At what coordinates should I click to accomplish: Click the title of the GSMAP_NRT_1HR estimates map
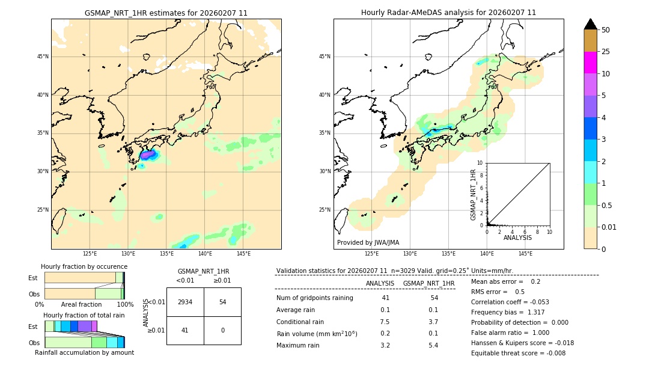coord(166,13)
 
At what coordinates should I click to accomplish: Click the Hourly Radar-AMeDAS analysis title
coord(448,13)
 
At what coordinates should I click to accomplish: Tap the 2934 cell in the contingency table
coord(185,302)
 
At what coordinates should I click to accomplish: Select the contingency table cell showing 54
coord(222,302)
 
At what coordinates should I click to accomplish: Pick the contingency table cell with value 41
coord(185,330)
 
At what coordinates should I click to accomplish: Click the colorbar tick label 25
coord(606,52)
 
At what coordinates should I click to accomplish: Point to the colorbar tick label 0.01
coord(609,227)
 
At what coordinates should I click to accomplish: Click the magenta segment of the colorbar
coord(590,63)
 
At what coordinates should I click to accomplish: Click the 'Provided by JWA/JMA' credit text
coord(368,242)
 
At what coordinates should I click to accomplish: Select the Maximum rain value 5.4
coord(433,345)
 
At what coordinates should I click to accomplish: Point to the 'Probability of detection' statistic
coord(519,322)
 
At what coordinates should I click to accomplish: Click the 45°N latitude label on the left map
coord(43,57)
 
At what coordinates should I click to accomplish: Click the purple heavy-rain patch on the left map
coord(147,155)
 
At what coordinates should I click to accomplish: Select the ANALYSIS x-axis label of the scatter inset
coord(517,238)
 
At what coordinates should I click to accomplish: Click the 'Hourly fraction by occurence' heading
coord(84,266)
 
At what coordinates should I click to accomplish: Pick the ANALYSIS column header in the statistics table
coord(380,283)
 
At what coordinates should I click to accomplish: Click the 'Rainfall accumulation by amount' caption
coord(84,352)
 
